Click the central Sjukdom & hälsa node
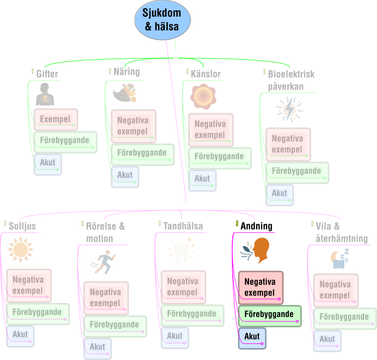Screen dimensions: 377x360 (162, 20)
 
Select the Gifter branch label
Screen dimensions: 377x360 (47, 74)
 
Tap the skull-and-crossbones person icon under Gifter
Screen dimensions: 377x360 (45, 94)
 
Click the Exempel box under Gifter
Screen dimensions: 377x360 (56, 119)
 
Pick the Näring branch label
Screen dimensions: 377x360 (127, 72)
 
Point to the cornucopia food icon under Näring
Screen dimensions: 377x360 (125, 92)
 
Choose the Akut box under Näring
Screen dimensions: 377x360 (125, 177)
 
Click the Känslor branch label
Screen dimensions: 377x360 (205, 74)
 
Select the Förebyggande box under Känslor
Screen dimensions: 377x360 (220, 158)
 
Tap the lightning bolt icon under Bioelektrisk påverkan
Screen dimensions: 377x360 (289, 109)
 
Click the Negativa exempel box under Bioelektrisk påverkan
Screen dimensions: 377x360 (288, 144)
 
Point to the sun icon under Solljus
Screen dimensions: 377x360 (20, 250)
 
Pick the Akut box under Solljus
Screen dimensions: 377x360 (20, 336)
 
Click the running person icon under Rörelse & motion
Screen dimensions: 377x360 (103, 262)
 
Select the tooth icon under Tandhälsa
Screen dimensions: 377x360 (181, 250)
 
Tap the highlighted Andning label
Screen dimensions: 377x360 (256, 226)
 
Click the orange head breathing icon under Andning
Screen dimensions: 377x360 (255, 251)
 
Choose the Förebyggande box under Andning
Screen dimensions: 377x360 (270, 316)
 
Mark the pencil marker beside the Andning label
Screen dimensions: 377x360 (237, 224)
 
